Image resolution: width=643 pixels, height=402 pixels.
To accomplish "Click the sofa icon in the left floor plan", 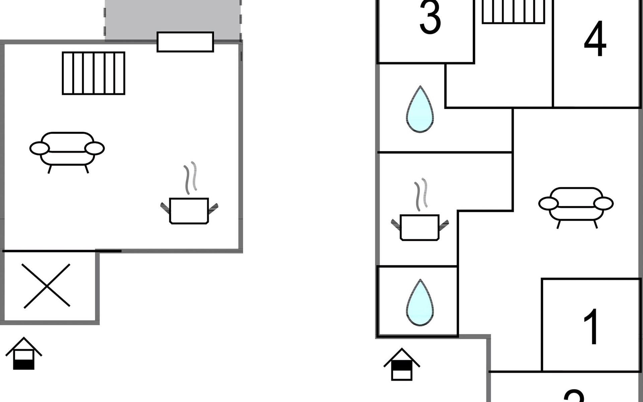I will (x=67, y=151).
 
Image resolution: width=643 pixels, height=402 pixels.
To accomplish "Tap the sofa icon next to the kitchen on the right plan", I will (x=576, y=206).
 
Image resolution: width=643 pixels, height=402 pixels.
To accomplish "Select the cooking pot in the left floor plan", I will (x=189, y=210).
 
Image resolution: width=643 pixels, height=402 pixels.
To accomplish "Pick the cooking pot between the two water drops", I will (x=420, y=227).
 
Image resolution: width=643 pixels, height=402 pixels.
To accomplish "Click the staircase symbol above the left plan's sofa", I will (x=93, y=73).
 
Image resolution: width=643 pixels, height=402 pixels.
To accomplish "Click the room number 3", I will (x=430, y=18).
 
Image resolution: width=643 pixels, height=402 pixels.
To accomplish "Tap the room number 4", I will (x=595, y=40).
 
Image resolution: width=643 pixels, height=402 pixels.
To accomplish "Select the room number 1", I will (x=591, y=327).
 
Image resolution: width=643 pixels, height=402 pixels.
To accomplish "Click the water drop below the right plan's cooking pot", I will (x=420, y=303).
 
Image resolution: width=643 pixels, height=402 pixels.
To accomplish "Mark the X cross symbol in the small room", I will (x=46, y=286).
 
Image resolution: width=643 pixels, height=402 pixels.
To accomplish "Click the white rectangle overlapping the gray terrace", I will (x=185, y=42).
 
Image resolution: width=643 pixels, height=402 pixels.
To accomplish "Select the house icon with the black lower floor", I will (x=24, y=356).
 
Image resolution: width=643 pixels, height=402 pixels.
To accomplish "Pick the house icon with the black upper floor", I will (x=402, y=366).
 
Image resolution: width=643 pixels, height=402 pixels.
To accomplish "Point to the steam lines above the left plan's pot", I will (x=190, y=178).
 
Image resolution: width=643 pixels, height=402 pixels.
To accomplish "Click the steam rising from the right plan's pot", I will (x=421, y=194).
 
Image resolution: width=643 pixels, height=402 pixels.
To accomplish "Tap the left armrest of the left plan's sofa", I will (x=39, y=148).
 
